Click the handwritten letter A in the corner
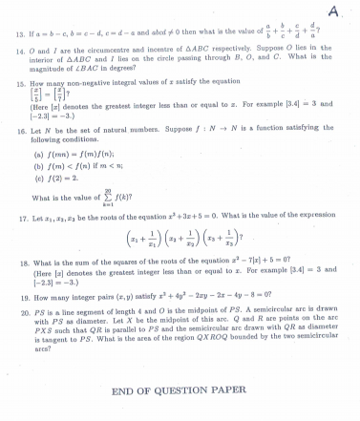pos(334,11)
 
